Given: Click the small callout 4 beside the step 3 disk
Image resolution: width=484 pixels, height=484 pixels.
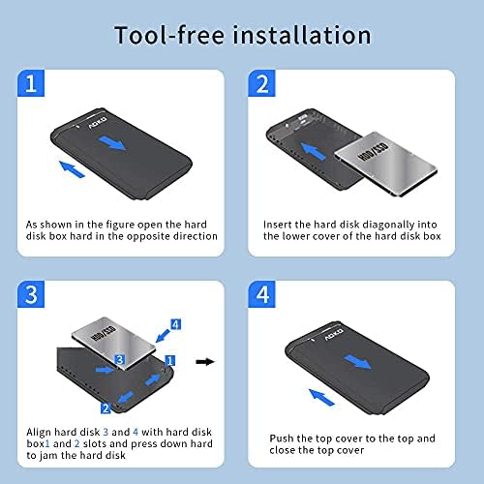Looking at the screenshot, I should [x=174, y=323].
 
